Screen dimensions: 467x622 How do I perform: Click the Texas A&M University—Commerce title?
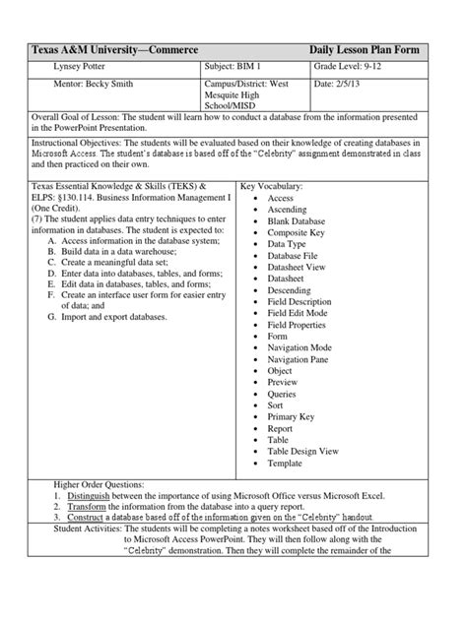coord(115,49)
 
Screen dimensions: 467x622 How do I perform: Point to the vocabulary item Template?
coord(285,463)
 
